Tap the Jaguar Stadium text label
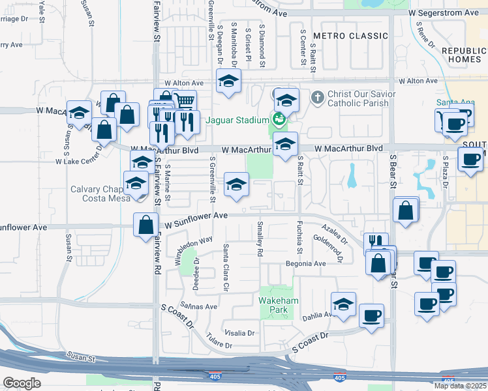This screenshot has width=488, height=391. pyautogui.click(x=237, y=120)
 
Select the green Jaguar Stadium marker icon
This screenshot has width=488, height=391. pyautogui.click(x=279, y=119)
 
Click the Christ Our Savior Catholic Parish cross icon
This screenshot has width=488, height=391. pyautogui.click(x=318, y=98)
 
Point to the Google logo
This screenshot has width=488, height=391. pyautogui.click(x=22, y=383)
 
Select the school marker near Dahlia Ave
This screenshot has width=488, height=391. pyautogui.click(x=344, y=304)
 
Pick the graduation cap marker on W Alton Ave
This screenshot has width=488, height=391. pyautogui.click(x=228, y=81)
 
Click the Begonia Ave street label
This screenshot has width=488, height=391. pyautogui.click(x=305, y=264)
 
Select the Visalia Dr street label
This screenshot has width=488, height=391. pyautogui.click(x=239, y=332)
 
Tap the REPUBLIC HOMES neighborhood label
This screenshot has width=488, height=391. pyautogui.click(x=464, y=55)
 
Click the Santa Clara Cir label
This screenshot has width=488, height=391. pyautogui.click(x=226, y=268)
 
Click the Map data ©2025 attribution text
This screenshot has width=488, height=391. pyautogui.click(x=460, y=386)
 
